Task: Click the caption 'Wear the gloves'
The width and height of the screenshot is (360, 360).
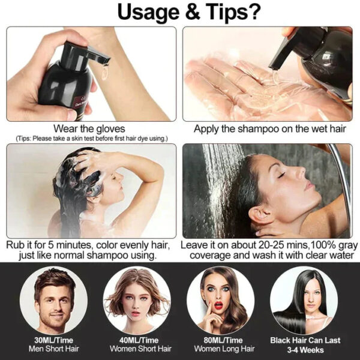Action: (x=89, y=128)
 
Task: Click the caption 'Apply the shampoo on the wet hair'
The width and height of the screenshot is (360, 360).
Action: (x=267, y=128)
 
